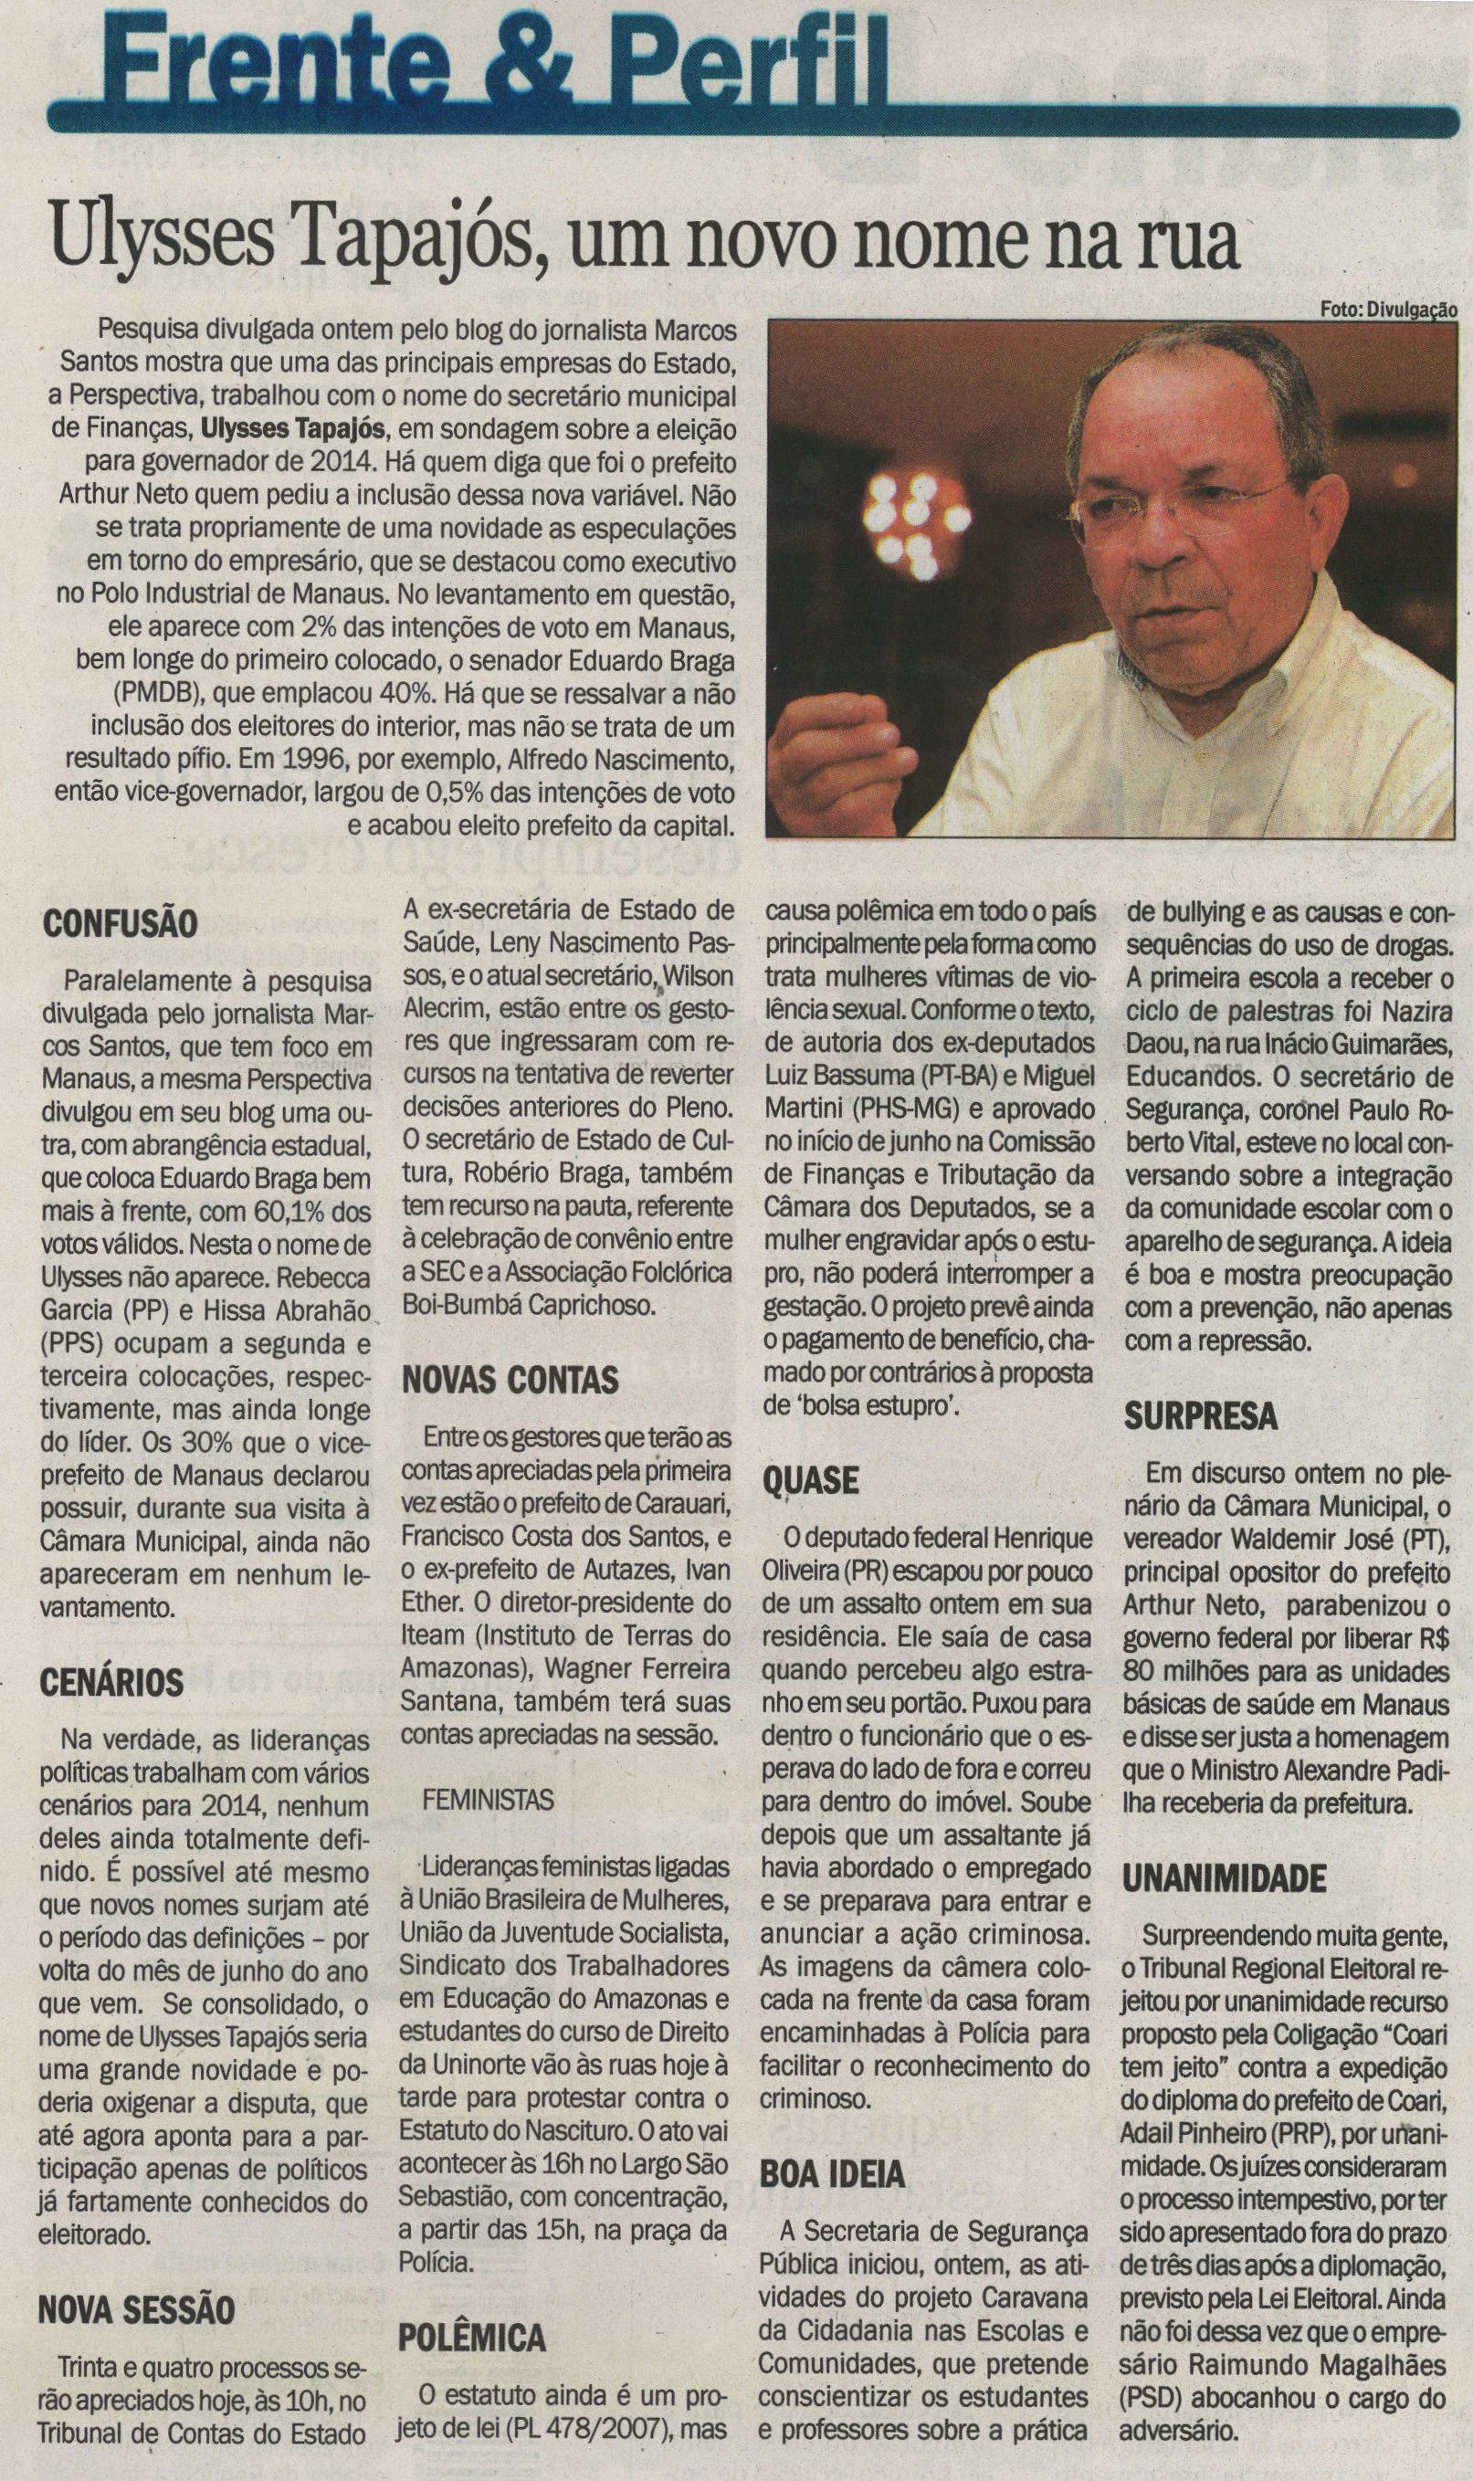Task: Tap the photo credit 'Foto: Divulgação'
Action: point(1389,310)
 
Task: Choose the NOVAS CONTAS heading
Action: point(510,1379)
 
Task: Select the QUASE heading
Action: point(810,1481)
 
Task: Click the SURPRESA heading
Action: point(1199,1414)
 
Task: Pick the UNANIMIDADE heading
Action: point(1225,1877)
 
